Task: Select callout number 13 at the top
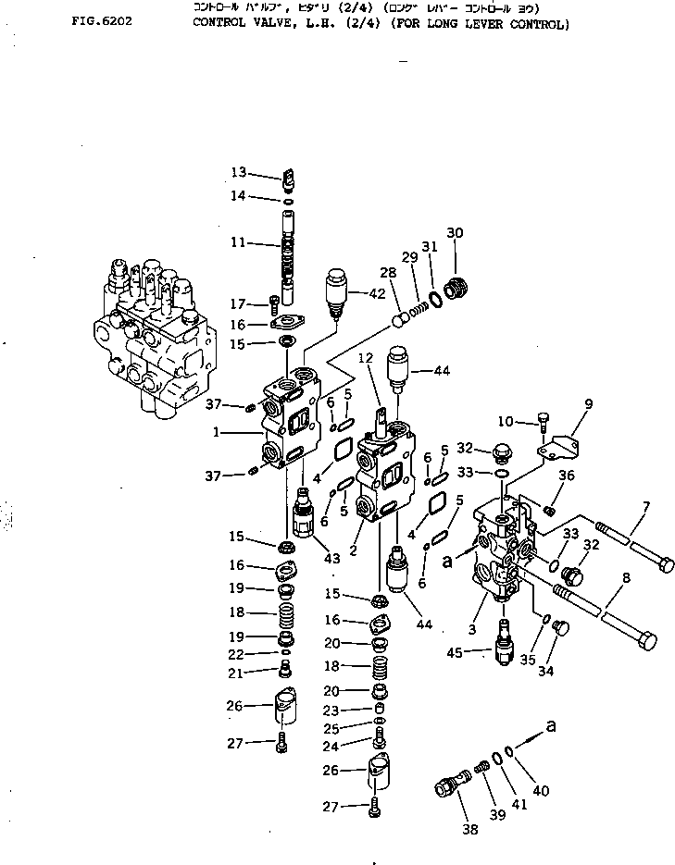click(239, 172)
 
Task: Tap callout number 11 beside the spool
click(239, 242)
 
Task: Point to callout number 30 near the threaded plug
click(455, 231)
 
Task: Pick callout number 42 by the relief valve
click(376, 294)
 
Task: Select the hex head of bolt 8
click(649, 639)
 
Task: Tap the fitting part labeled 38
click(448, 786)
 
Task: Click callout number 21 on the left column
click(238, 672)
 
